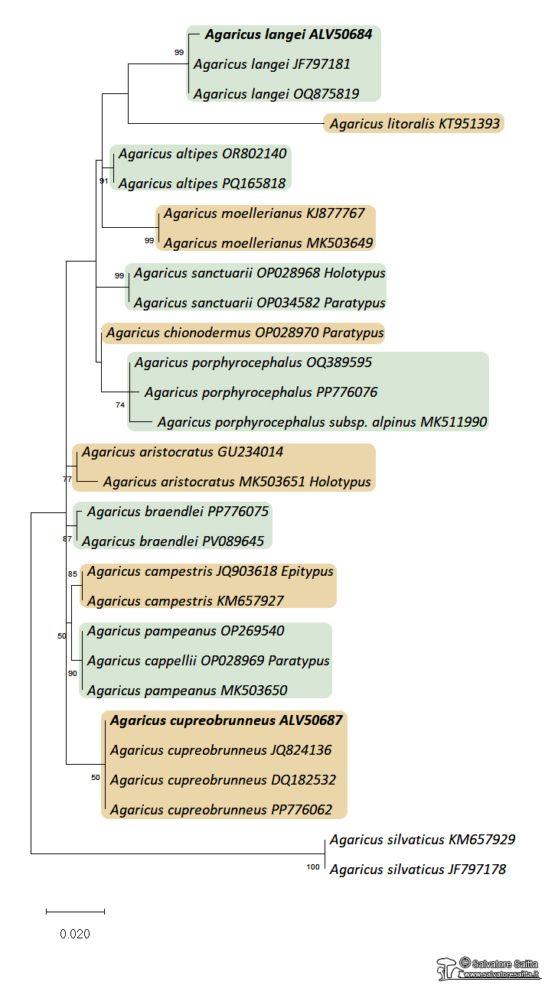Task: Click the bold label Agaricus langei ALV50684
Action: pyautogui.click(x=288, y=35)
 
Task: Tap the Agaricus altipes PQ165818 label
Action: pyautogui.click(x=202, y=184)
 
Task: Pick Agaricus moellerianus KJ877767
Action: pyautogui.click(x=264, y=213)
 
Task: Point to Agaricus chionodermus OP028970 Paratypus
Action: pyautogui.click(x=245, y=333)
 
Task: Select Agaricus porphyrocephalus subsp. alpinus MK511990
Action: pyautogui.click(x=322, y=422)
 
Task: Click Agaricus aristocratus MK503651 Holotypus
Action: pyautogui.click(x=237, y=482)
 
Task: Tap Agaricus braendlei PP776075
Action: pyautogui.click(x=178, y=512)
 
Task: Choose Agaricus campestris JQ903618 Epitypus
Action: pyautogui.click(x=210, y=571)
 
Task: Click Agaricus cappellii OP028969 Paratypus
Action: pyautogui.click(x=208, y=661)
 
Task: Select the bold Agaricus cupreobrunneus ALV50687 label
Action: pyautogui.click(x=226, y=720)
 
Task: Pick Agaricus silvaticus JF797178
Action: pyautogui.click(x=417, y=870)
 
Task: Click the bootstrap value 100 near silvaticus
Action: pyautogui.click(x=312, y=867)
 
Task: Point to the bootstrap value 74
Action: pyautogui.click(x=119, y=405)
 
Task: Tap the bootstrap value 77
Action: pyautogui.click(x=67, y=479)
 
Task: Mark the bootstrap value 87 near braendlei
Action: pyautogui.click(x=67, y=539)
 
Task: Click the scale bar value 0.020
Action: pyautogui.click(x=75, y=934)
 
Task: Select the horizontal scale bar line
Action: pyautogui.click(x=75, y=912)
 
